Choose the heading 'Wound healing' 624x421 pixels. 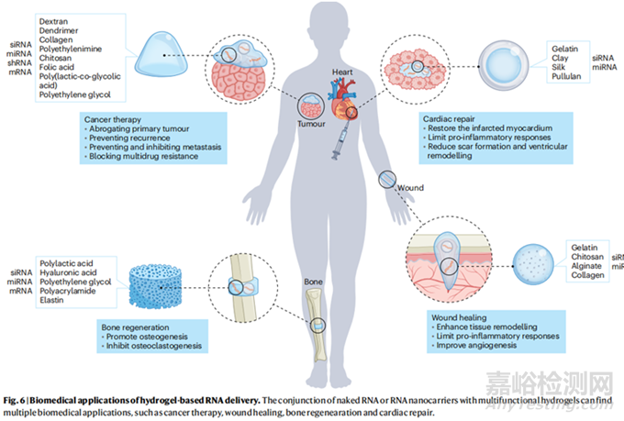click(x=462, y=317)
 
